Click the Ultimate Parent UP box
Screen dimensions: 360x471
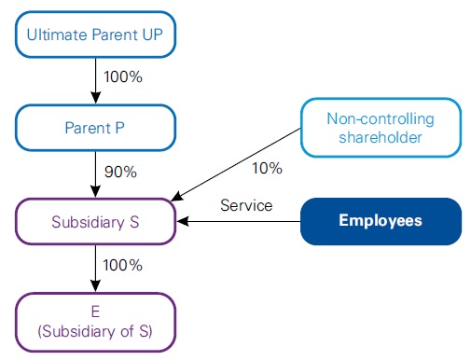94,35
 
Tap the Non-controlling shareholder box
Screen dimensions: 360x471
381,128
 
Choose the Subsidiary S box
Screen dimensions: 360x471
94,222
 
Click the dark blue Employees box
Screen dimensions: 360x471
381,221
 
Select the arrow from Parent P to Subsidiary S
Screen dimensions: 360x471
94,173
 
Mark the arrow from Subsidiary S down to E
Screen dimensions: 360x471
94,269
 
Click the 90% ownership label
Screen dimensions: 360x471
121,172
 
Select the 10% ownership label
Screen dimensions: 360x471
267,168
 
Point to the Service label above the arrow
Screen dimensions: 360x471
245,205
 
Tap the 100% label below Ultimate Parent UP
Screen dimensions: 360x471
123,77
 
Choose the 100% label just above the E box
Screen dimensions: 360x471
123,265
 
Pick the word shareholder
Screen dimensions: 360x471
381,138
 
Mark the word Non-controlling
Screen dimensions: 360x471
381,119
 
